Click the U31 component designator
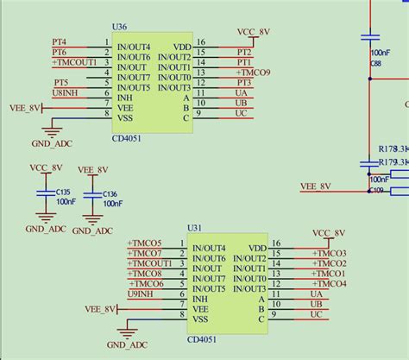[194, 230]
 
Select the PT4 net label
[59, 42]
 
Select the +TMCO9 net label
[252, 73]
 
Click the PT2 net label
[244, 53]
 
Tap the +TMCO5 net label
[144, 243]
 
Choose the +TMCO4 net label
[330, 284]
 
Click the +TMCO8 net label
[144, 274]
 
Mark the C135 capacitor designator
[63, 193]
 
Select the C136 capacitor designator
[110, 194]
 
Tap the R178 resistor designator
[387, 150]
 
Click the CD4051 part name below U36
[129, 136]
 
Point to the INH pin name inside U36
[125, 98]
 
